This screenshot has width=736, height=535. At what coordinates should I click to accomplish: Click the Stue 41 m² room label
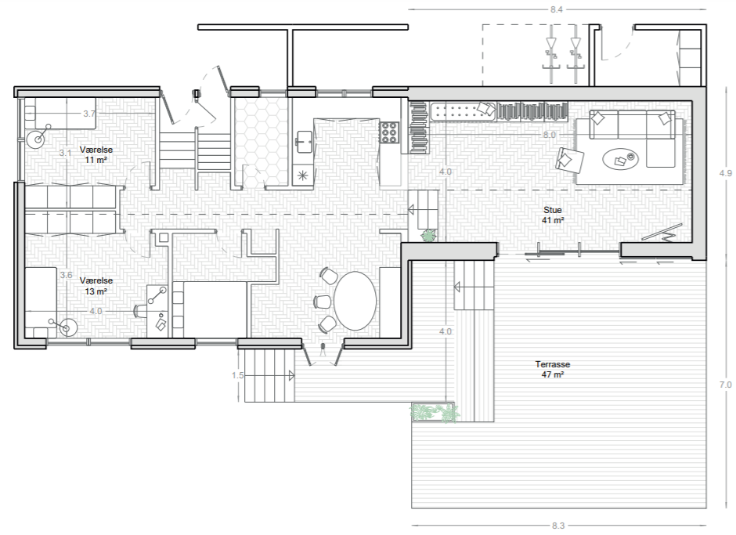click(x=553, y=215)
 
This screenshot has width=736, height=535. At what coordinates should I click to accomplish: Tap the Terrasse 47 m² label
click(x=553, y=369)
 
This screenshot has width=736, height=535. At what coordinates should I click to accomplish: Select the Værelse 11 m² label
click(x=96, y=154)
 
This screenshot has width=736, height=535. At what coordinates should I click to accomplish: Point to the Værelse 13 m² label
click(x=96, y=286)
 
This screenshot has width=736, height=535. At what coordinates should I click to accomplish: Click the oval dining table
click(x=355, y=301)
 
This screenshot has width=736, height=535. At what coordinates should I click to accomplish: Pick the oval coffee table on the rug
click(x=620, y=159)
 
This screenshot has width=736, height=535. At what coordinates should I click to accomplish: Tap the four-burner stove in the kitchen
click(x=389, y=132)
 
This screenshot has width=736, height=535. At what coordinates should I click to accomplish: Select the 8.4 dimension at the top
click(x=556, y=9)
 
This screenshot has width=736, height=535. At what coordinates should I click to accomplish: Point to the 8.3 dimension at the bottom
click(x=558, y=526)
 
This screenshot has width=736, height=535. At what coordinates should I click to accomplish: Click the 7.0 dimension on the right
click(x=725, y=385)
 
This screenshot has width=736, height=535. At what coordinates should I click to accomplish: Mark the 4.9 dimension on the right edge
click(x=725, y=173)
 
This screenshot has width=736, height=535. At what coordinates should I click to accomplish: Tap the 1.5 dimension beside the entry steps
click(x=237, y=375)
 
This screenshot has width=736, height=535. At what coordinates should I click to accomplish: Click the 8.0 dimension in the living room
click(x=549, y=135)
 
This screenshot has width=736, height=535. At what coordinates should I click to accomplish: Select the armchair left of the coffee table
click(x=569, y=160)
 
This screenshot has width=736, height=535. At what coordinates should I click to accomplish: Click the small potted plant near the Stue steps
click(x=428, y=235)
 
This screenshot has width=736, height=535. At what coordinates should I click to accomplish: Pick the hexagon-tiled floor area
click(x=261, y=140)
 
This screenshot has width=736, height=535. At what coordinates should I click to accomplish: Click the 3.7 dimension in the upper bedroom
click(x=89, y=114)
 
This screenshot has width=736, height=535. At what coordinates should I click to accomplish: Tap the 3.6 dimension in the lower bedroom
click(x=67, y=275)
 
